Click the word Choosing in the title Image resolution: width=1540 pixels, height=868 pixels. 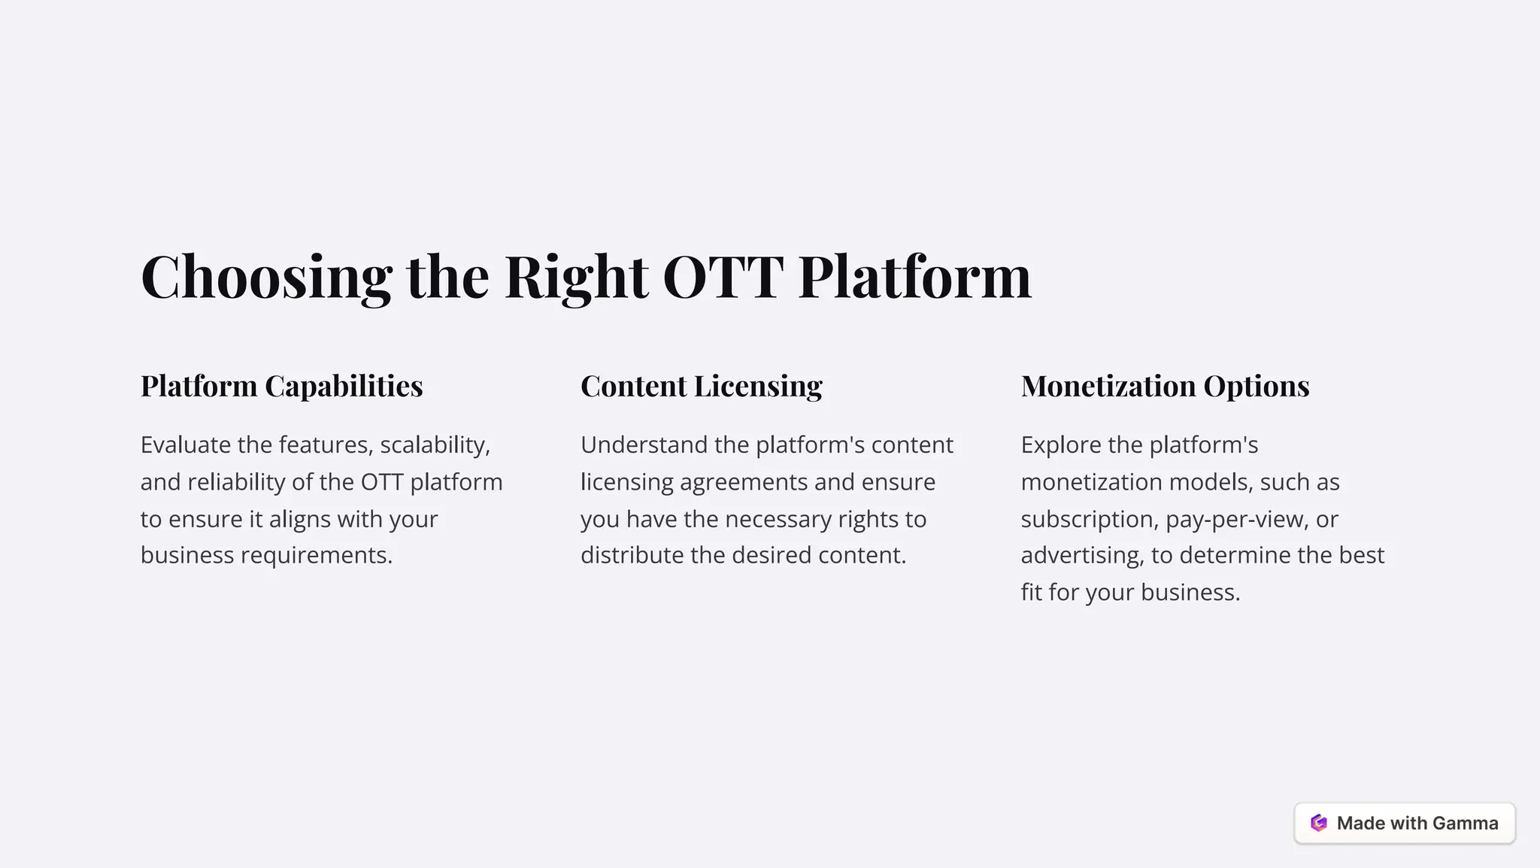[x=266, y=278]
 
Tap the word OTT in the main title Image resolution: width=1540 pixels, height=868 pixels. [x=723, y=278]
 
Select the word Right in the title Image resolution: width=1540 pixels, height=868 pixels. [x=576, y=278]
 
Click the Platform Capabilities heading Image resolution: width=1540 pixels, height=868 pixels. [x=281, y=386]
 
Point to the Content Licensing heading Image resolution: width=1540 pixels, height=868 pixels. [x=701, y=386]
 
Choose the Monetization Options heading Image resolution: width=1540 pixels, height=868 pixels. [x=1165, y=386]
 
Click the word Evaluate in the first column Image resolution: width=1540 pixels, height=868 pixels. [x=185, y=445]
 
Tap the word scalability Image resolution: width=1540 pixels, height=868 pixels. [x=435, y=445]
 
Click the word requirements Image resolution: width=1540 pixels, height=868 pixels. [x=316, y=555]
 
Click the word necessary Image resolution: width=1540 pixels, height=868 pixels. [x=778, y=519]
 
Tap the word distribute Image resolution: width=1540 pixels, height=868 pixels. [x=632, y=555]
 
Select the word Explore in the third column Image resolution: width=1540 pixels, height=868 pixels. [x=1060, y=445]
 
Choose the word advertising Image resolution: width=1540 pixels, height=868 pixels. [x=1082, y=555]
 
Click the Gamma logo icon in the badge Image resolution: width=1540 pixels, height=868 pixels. [x=1319, y=823]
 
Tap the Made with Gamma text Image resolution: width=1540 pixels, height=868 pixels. [x=1417, y=823]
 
